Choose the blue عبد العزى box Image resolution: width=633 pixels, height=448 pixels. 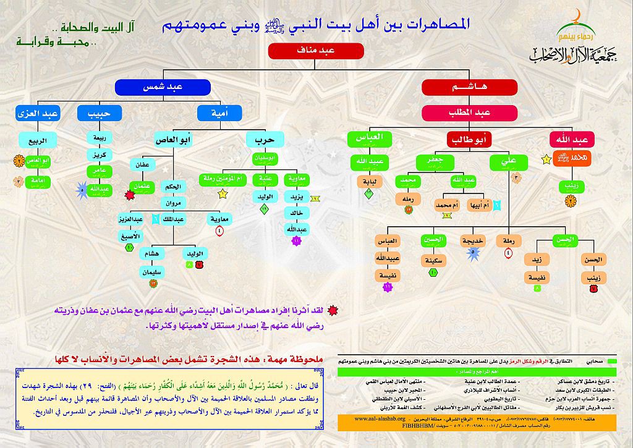pos(38,113)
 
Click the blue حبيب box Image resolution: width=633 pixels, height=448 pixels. pos(100,113)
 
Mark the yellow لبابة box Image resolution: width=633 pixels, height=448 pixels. pos(369,182)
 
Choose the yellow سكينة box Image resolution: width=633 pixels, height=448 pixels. pos(432,260)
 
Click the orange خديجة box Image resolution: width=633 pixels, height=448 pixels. pos(473,240)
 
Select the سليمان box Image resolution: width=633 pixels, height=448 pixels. pos(152,271)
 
